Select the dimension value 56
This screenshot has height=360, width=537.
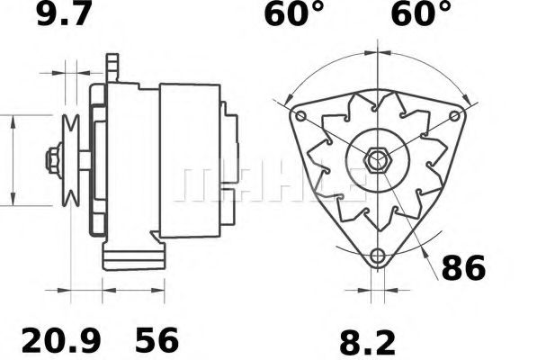coord(157,339)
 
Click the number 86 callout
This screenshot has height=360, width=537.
coord(462,267)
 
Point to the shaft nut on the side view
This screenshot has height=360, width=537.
coord(53,160)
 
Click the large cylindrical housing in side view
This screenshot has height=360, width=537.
coord(189,162)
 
